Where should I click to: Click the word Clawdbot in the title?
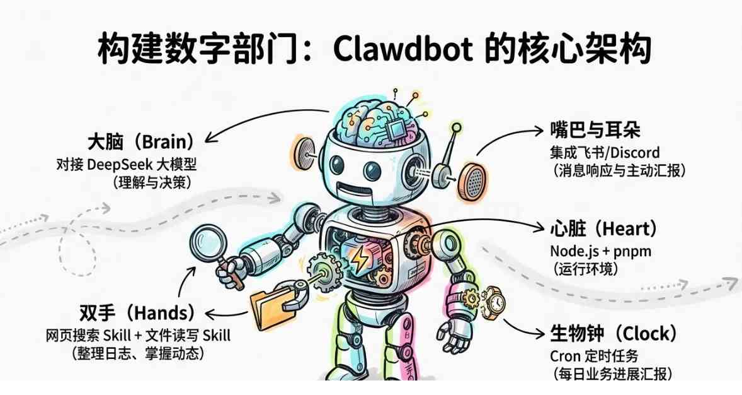(402, 49)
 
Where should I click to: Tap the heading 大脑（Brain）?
(141, 141)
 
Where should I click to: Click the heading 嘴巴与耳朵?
(595, 129)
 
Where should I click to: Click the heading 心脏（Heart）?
(603, 228)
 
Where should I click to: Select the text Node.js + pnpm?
(600, 251)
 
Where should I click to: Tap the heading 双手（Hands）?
(137, 313)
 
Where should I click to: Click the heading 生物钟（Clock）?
(614, 333)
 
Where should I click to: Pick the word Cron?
(565, 356)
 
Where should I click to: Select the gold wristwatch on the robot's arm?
(493, 302)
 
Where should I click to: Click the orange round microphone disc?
(472, 180)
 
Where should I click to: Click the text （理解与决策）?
(152, 182)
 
